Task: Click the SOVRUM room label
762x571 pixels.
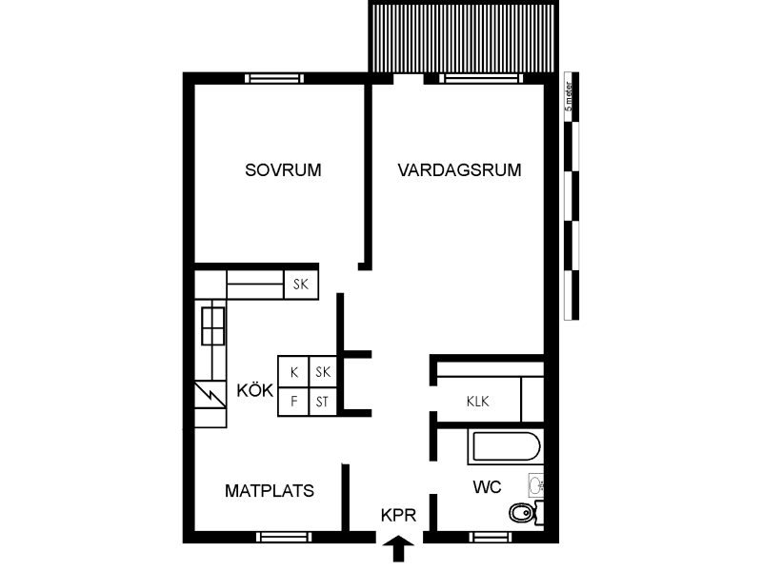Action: coord(283,170)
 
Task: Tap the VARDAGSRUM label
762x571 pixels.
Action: coord(459,170)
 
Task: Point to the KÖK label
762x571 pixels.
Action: coord(254,390)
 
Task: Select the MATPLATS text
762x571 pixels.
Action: coord(270,491)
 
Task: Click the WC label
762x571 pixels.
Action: coord(487,486)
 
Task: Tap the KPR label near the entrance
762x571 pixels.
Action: coord(398,515)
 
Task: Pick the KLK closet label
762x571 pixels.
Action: coord(478,402)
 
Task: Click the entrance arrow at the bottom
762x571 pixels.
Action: coord(398,549)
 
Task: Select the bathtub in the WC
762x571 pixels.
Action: coord(506,446)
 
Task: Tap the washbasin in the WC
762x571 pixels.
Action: coord(536,484)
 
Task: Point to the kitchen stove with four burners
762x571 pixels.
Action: coord(212,325)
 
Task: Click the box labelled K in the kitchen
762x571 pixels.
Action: coord(293,371)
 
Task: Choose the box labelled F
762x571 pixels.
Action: coord(293,402)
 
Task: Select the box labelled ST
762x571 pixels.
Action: coord(322,402)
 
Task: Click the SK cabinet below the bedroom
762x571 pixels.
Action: coord(301,284)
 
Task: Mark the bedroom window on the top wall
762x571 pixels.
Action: coord(274,79)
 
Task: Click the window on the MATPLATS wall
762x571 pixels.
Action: coord(284,537)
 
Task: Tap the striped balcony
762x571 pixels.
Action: coord(462,37)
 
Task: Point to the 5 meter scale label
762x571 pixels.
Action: coord(569,97)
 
